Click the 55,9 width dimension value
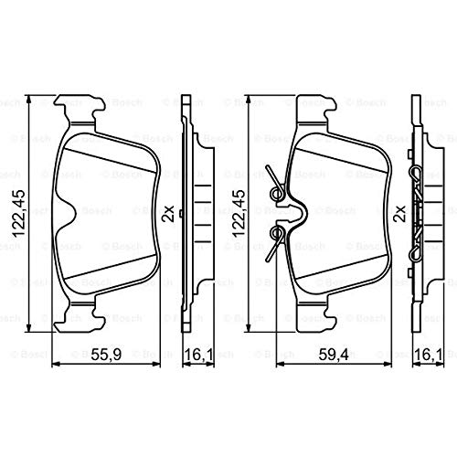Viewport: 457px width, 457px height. click(107, 355)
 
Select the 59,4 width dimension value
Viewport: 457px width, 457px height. click(334, 355)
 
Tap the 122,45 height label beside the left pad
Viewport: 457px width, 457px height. click(17, 213)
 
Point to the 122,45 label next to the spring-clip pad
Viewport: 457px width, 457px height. click(239, 213)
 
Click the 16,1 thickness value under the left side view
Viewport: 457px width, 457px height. click(198, 355)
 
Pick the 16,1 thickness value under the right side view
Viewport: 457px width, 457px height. click(429, 355)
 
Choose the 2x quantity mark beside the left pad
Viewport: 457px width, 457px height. click(167, 213)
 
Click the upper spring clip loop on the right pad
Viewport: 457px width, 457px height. click(277, 193)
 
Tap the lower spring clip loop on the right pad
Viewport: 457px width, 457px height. click(277, 233)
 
